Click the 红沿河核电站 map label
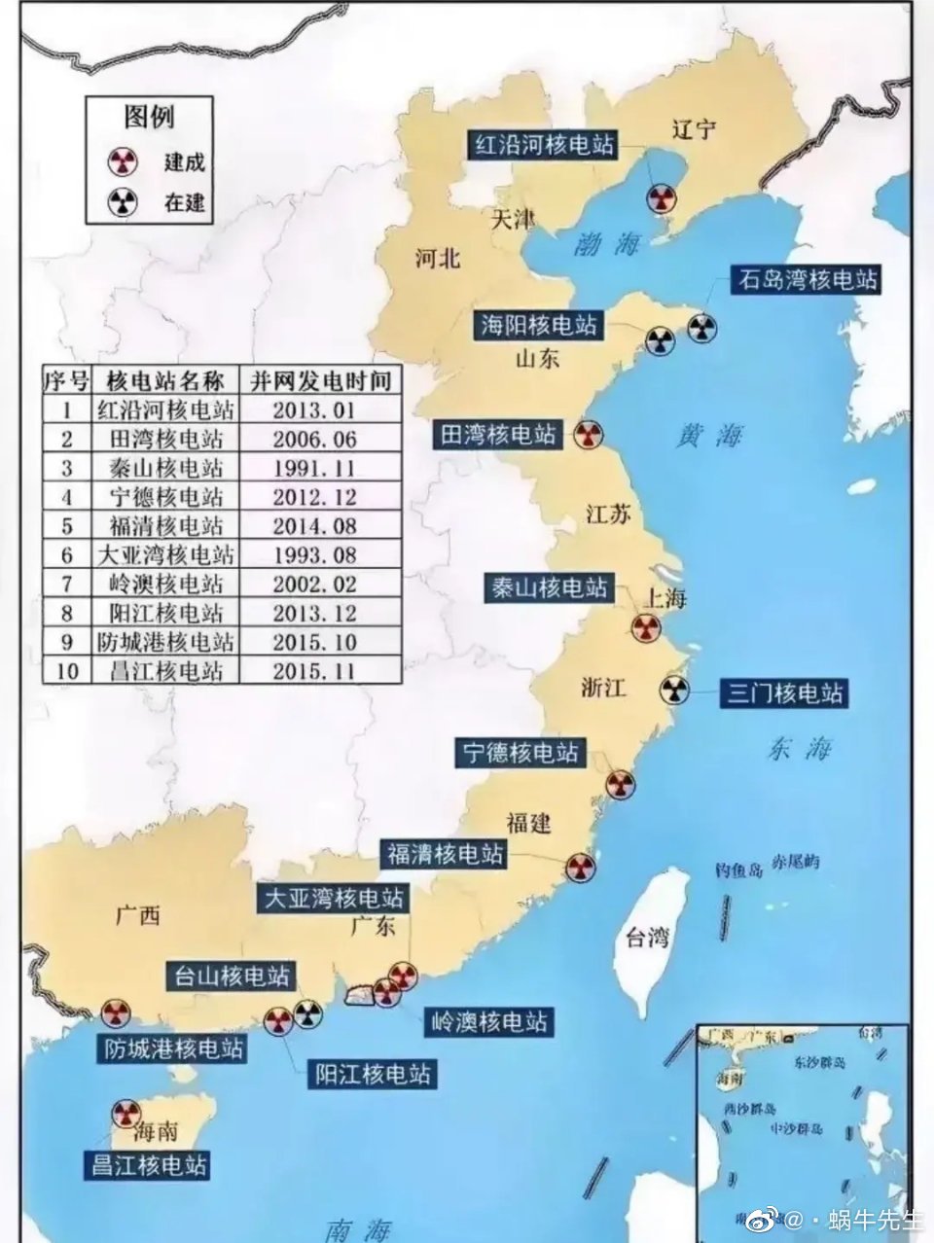[544, 145]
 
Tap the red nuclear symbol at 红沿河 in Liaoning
[661, 199]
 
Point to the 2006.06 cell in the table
[314, 439]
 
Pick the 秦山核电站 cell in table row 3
[165, 468]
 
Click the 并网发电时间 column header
[321, 379]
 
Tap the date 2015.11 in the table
[314, 671]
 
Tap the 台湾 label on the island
[647, 938]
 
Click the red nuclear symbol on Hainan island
[125, 1113]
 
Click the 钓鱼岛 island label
[738, 869]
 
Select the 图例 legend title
[148, 118]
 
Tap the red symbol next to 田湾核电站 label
[586, 435]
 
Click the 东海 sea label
[800, 748]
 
